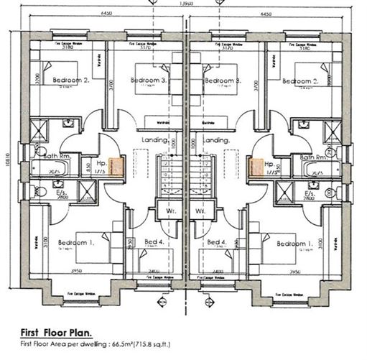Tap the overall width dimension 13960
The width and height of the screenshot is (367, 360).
point(184,5)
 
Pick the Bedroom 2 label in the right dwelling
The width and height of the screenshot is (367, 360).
point(299,81)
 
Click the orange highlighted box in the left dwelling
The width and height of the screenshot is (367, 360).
point(116,167)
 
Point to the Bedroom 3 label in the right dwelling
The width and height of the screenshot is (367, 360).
point(220,81)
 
